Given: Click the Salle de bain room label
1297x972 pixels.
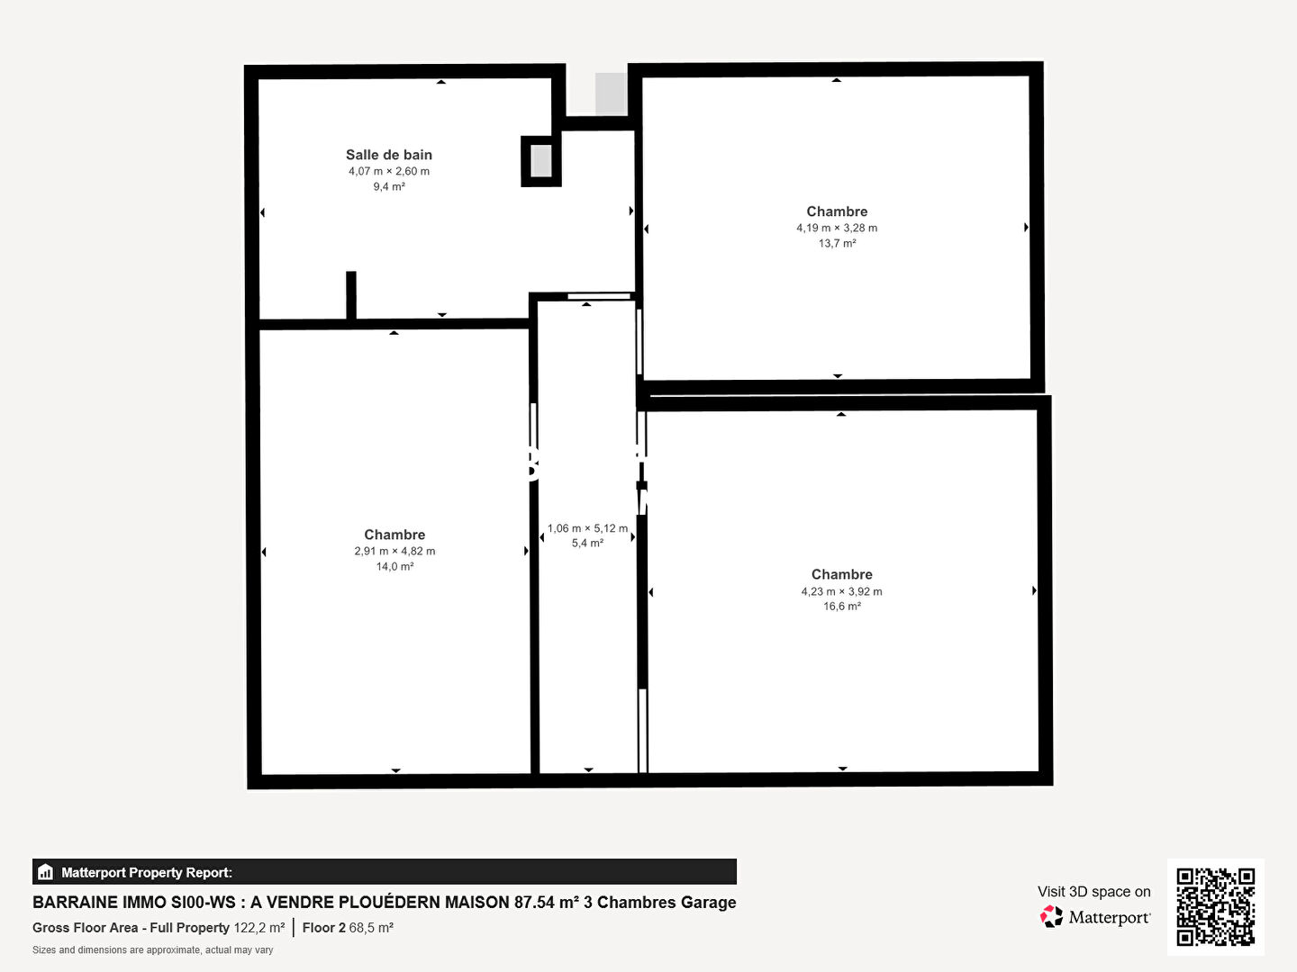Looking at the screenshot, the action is click(389, 155).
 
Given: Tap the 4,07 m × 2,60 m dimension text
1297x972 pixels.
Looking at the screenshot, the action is click(389, 171).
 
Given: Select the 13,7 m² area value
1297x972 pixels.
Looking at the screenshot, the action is click(838, 243).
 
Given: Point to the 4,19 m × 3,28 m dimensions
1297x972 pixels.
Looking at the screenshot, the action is click(837, 228).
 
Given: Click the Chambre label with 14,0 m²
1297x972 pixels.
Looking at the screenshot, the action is click(395, 535).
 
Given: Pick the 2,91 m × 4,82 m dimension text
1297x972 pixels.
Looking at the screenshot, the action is click(395, 551).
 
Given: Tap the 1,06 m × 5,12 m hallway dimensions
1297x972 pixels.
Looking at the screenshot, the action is click(587, 528).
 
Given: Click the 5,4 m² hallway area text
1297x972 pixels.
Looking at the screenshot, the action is click(587, 543).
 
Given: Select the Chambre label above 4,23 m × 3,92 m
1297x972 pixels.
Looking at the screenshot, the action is click(841, 574).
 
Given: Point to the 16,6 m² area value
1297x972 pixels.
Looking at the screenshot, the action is click(842, 606).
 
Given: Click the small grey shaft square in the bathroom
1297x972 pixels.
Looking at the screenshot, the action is click(541, 161).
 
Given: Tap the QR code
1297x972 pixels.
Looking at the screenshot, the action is click(1215, 907).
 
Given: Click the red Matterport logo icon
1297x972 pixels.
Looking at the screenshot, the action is click(1051, 916).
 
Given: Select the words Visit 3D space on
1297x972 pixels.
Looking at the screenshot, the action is click(1093, 891).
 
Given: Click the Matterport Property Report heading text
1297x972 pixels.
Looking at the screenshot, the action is click(147, 872).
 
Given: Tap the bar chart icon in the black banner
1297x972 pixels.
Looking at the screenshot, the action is click(46, 872).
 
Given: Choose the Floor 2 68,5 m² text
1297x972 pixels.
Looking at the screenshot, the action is click(348, 928).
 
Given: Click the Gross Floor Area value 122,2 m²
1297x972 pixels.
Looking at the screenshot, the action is click(259, 928).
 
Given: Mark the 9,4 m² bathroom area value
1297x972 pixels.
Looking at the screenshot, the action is click(389, 186).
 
